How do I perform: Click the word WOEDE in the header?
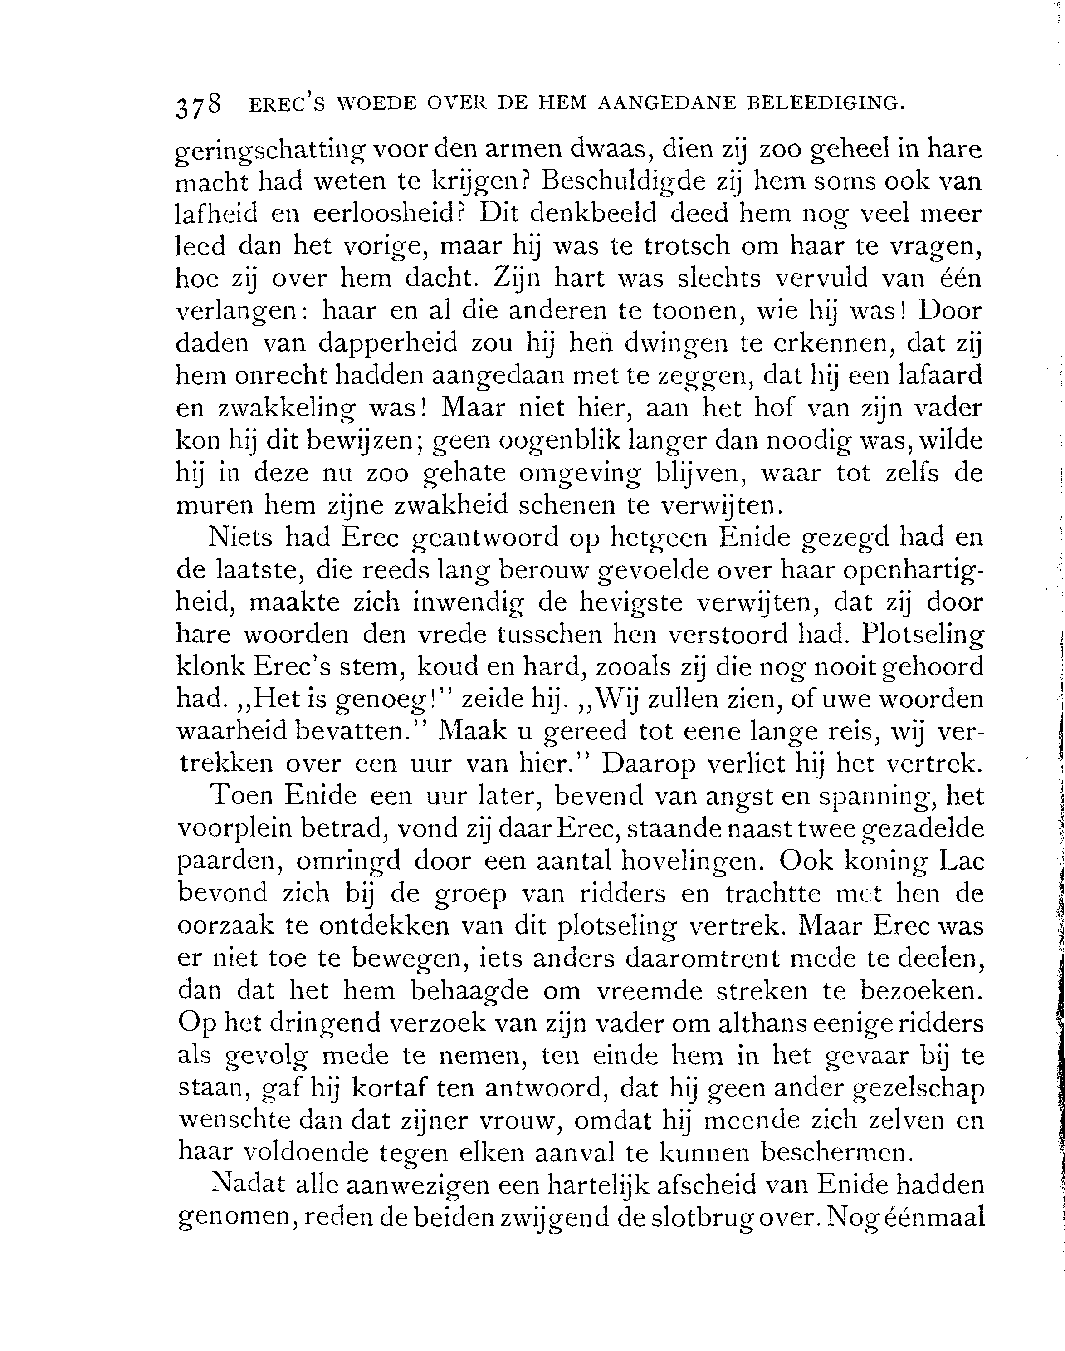pyautogui.click(x=376, y=103)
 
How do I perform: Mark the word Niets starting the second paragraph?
pyautogui.click(x=240, y=538)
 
